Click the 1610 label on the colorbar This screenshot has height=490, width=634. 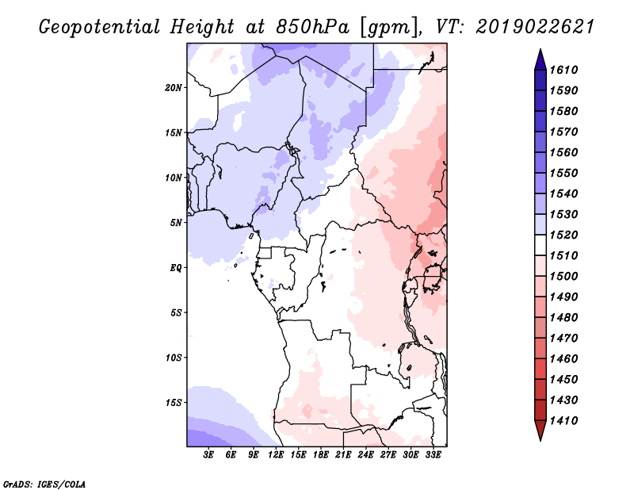pos(564,70)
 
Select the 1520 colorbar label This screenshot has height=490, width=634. pos(564,235)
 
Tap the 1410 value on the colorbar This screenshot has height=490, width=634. pos(564,420)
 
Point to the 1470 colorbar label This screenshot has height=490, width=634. pos(564,338)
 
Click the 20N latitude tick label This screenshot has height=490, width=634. pos(174,88)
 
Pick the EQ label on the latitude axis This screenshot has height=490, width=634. pos(176,268)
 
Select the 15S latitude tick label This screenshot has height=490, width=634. pos(174,403)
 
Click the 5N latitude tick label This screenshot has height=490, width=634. pos(176,223)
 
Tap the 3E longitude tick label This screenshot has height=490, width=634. pos(208,455)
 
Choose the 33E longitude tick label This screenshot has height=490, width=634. pos(433,455)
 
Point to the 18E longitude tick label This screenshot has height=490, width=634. pos(321,455)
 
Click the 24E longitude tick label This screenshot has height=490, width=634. pos(365,455)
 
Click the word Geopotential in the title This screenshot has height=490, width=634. pos(100,27)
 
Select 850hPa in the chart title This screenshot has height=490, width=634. pos(311,27)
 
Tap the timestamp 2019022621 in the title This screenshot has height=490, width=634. pos(534,27)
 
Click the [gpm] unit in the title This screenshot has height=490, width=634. pos(388,28)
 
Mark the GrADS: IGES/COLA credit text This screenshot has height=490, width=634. pos(44,484)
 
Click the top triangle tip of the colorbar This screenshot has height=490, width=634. pos(540,49)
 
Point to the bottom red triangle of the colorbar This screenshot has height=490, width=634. pos(540,430)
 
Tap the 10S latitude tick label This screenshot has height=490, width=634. pos(174,358)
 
